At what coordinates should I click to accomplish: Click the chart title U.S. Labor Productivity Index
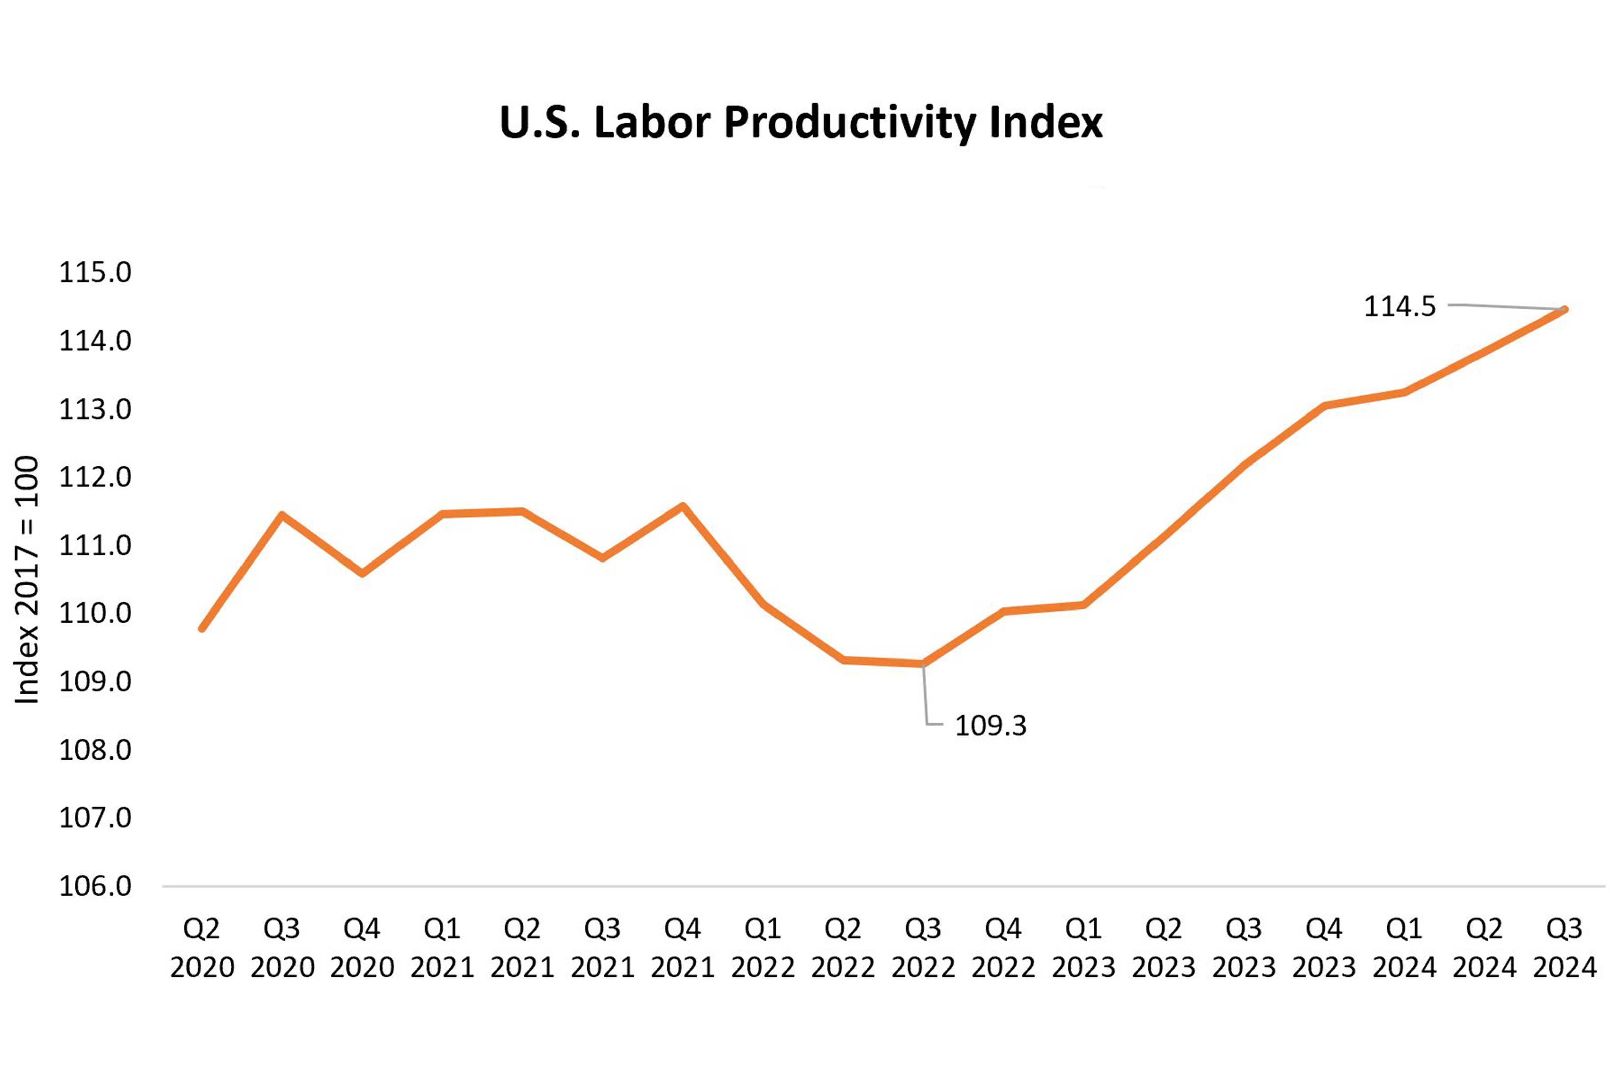pos(801,123)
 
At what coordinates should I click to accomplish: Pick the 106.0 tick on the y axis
pos(95,886)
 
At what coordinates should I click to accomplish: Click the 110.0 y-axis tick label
pos(95,613)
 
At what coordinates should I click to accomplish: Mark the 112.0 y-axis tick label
pos(95,477)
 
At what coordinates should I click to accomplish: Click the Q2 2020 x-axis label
pos(202,948)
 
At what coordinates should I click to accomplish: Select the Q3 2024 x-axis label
pos(1564,948)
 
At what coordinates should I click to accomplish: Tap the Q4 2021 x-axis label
pos(683,948)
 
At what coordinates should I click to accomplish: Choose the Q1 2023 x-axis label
pos(1083,948)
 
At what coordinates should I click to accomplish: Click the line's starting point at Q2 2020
pos(202,628)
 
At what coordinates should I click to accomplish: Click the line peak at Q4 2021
pos(683,506)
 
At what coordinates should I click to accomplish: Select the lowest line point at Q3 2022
pos(923,663)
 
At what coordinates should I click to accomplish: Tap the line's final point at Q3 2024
pos(1564,309)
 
